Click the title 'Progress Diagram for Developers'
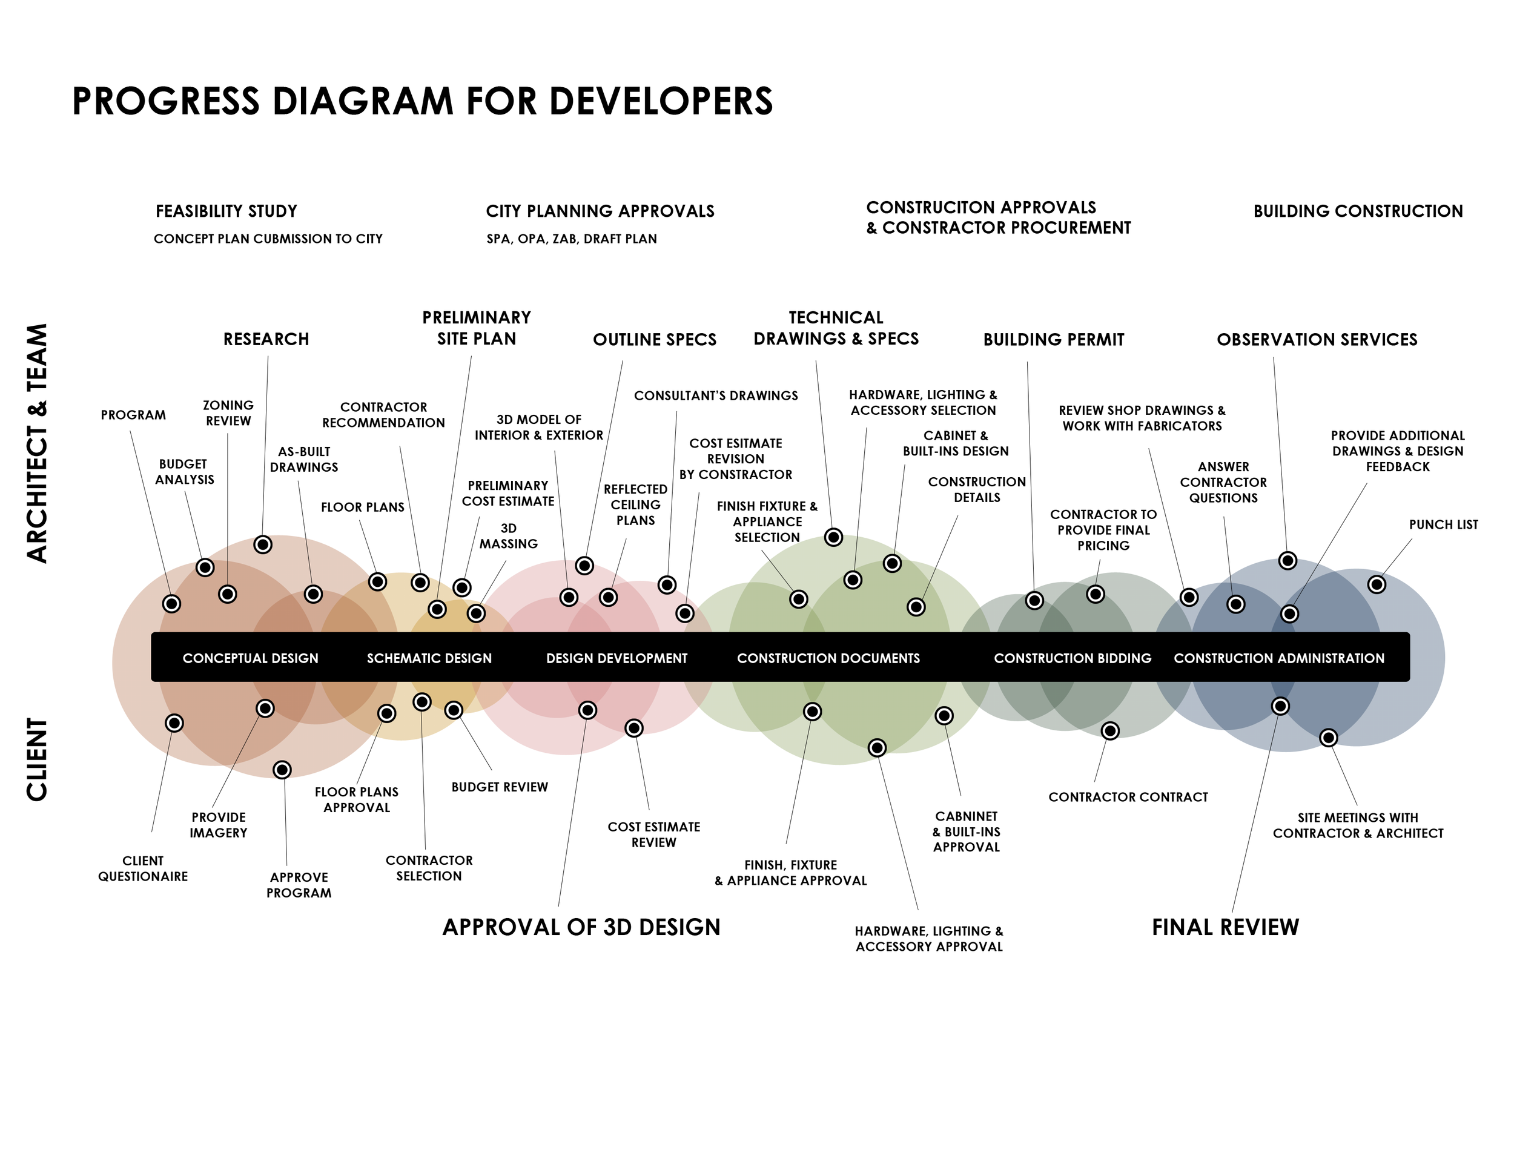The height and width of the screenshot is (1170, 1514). pos(422,101)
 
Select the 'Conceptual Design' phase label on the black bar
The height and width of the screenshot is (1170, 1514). pos(250,658)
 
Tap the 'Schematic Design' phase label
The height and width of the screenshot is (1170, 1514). pos(429,658)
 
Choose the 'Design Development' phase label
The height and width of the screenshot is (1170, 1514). pos(617,658)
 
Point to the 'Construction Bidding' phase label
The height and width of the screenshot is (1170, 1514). pos(1073,658)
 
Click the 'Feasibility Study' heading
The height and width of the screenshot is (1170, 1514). pos(226,211)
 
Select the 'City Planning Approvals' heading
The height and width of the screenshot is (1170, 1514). pos(600,211)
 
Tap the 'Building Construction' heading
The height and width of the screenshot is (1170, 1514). pos(1357,211)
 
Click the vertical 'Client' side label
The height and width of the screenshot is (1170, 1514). pos(38,759)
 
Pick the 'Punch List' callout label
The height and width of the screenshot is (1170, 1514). pos(1443,524)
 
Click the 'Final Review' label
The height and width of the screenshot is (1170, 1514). pos(1225,927)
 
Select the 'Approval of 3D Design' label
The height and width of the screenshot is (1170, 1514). pos(581,927)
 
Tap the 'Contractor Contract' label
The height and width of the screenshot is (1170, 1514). pos(1128,797)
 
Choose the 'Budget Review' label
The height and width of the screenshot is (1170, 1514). pos(499,787)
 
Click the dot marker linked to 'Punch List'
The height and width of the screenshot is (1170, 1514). pos(1376,584)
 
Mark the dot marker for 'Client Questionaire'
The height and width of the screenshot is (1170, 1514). pos(174,723)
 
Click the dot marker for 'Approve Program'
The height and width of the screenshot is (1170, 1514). pos(282,769)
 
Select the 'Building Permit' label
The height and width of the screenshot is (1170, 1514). pos(1053,340)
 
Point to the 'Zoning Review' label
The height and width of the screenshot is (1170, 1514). pos(228,413)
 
